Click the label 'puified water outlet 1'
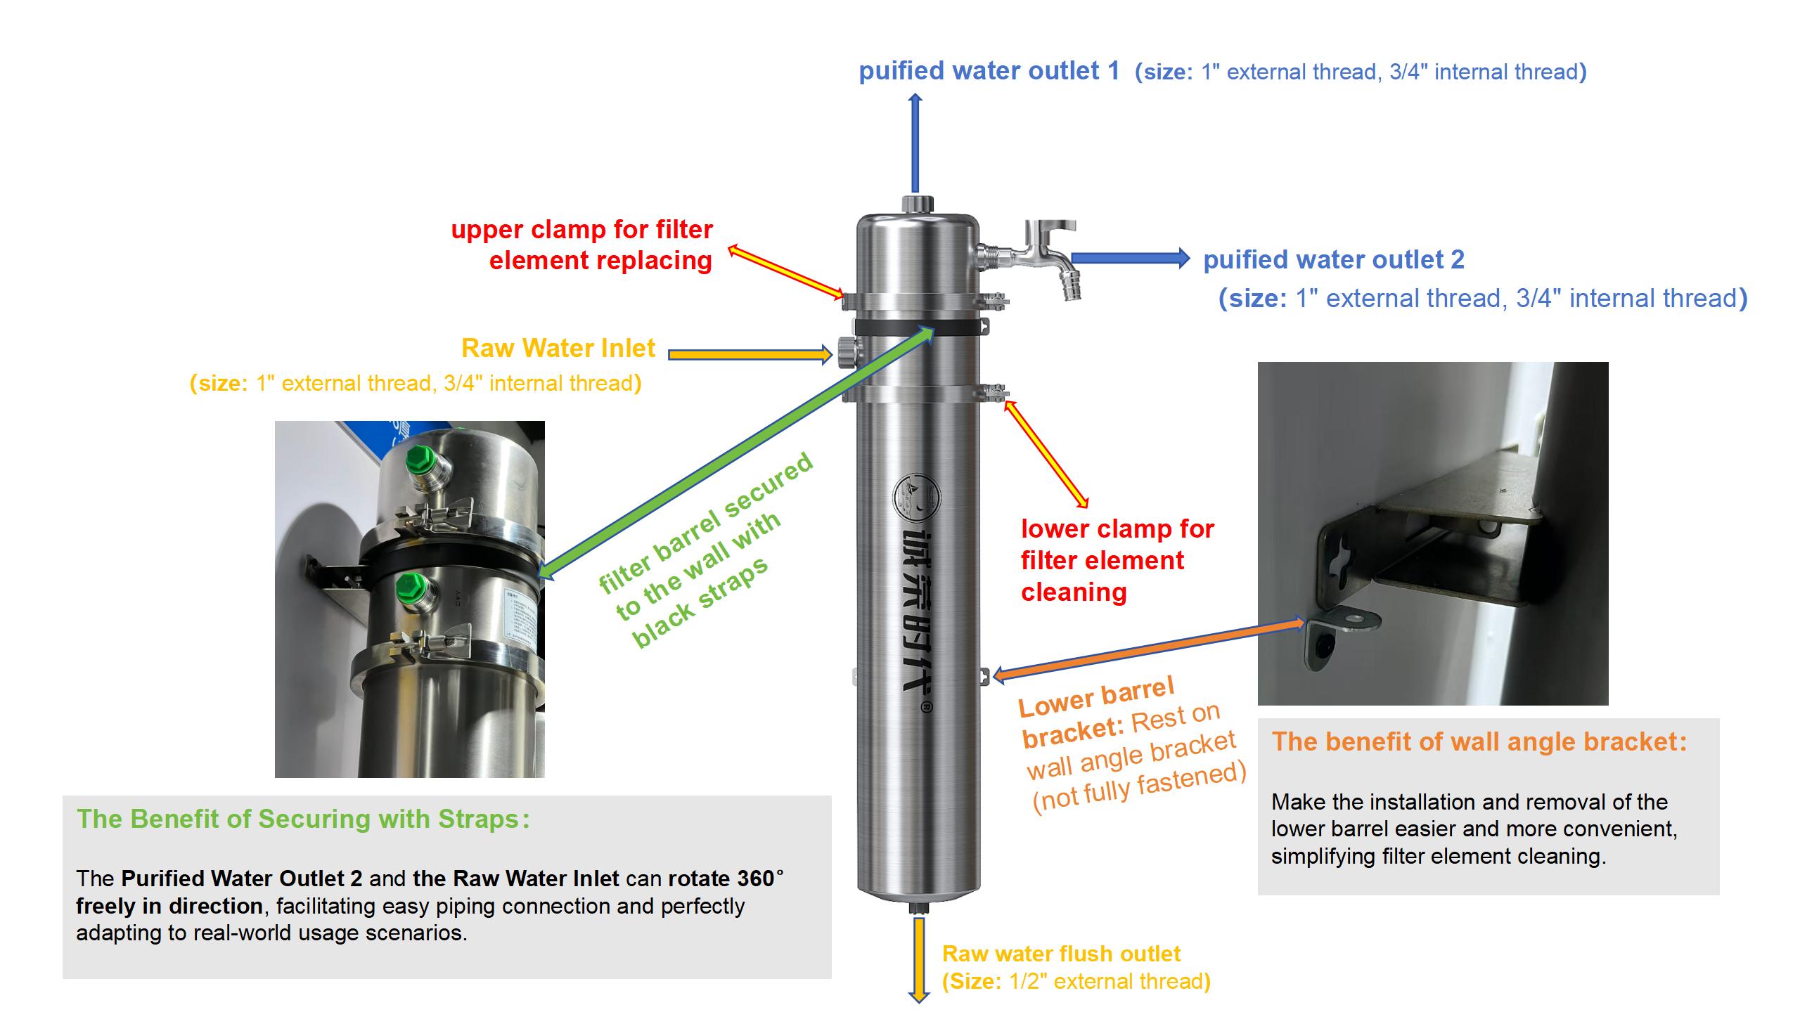[x=989, y=71]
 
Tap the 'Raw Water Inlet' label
[x=558, y=349]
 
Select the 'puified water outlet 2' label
[x=1334, y=260]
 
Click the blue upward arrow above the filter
[x=915, y=143]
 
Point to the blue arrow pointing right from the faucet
[x=1129, y=259]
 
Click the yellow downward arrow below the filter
[x=918, y=960]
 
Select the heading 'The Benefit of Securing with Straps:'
[x=303, y=819]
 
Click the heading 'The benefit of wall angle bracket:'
[x=1479, y=742]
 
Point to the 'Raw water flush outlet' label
[x=1061, y=954]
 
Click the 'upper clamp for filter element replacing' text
[x=582, y=245]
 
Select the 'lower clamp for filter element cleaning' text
[x=1117, y=560]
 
